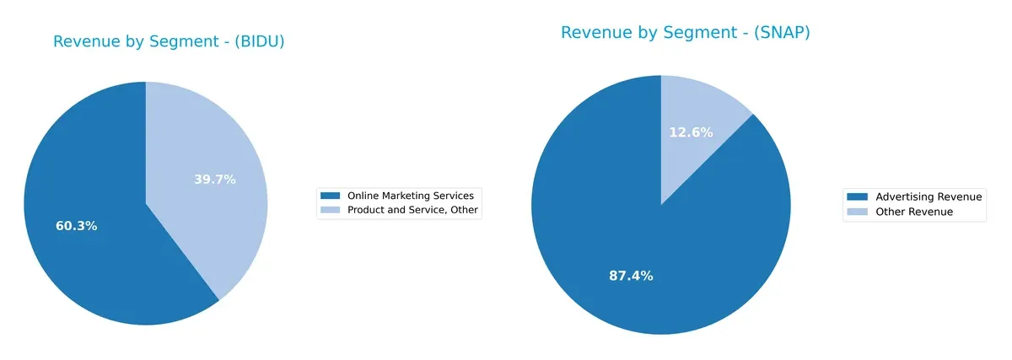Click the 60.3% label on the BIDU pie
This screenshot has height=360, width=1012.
(x=77, y=226)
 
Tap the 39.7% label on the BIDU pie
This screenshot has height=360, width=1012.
(x=214, y=180)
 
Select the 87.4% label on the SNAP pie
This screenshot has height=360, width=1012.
(x=631, y=276)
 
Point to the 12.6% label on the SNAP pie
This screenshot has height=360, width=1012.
(x=691, y=132)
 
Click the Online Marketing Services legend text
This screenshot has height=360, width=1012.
(x=410, y=196)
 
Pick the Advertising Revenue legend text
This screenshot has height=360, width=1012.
(x=929, y=196)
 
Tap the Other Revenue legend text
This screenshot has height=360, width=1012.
(x=914, y=212)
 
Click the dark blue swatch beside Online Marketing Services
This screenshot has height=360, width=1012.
(x=331, y=196)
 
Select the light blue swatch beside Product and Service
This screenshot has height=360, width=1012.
(x=331, y=210)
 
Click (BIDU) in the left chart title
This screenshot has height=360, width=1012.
(x=256, y=42)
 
